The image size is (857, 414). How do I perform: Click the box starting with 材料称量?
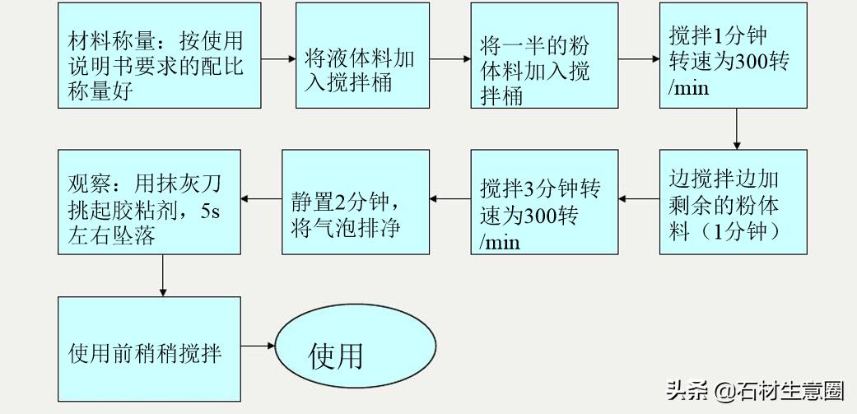tap(149, 56)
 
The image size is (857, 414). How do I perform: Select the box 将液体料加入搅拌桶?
tap(362, 56)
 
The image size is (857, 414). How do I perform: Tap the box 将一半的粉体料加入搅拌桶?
tap(544, 56)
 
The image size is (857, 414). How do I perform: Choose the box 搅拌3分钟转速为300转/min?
tap(544, 201)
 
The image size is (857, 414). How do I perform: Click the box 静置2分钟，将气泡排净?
tap(356, 201)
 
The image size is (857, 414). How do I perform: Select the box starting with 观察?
tap(149, 201)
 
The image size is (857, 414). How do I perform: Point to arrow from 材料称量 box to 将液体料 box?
tap(268, 59)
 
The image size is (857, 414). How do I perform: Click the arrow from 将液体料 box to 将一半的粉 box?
tap(449, 59)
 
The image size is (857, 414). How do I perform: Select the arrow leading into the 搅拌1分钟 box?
tap(639, 59)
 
